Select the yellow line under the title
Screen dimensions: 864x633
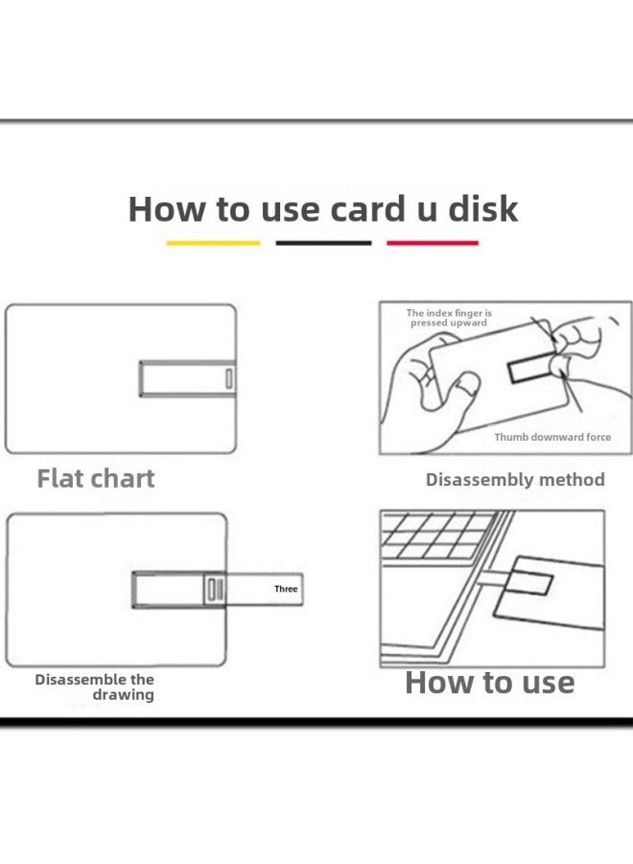point(213,243)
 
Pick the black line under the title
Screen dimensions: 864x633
point(323,243)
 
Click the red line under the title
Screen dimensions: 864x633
point(432,243)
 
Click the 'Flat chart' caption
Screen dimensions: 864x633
point(95,478)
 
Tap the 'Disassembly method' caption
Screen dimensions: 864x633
point(515,479)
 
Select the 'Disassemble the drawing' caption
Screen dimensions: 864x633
point(95,686)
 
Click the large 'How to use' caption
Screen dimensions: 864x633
point(489,683)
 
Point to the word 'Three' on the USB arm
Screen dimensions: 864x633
point(286,588)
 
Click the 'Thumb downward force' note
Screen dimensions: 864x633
point(552,437)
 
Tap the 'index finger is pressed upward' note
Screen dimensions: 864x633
point(449,318)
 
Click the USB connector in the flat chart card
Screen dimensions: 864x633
point(188,378)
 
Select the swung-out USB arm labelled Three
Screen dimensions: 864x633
point(259,589)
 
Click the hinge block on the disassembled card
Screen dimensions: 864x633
point(214,589)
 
